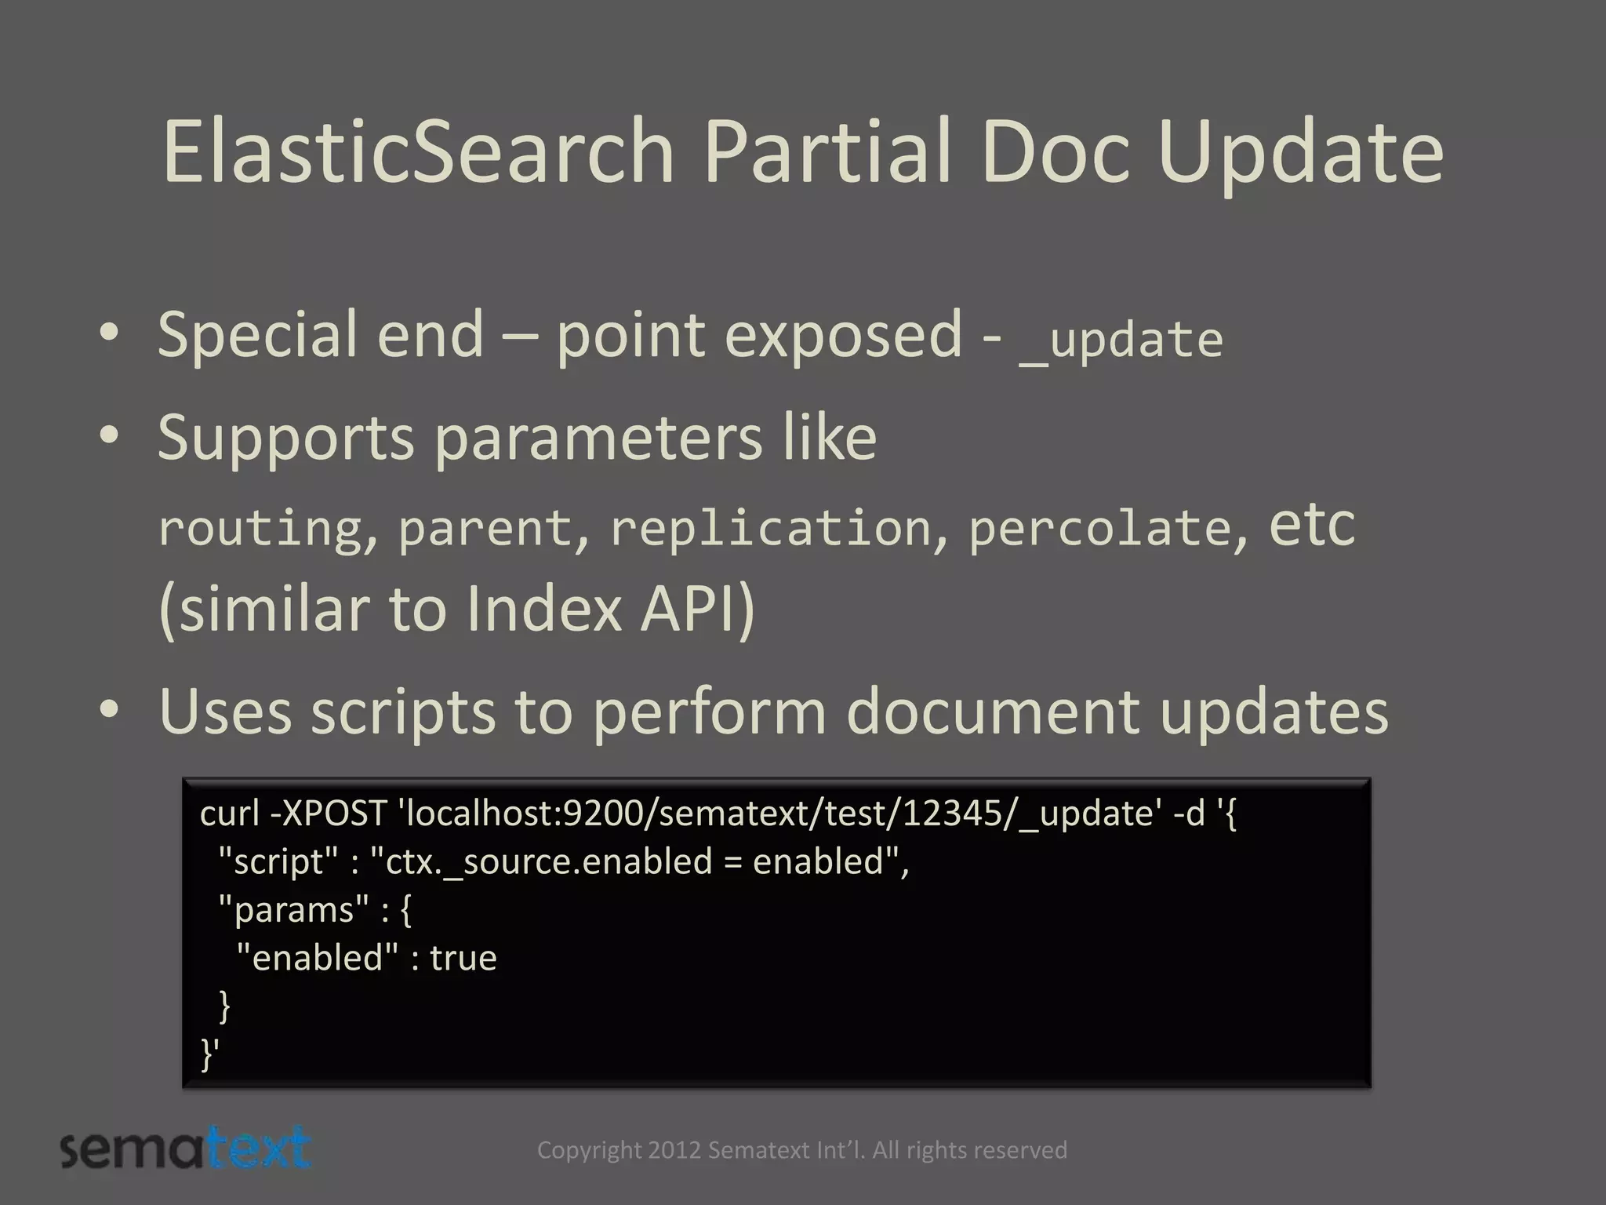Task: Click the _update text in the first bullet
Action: click(1121, 340)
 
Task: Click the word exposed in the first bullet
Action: click(842, 336)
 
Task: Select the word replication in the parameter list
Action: click(770, 527)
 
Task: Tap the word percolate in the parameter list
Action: click(1099, 527)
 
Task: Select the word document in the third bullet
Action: click(993, 711)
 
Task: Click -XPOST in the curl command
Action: click(329, 814)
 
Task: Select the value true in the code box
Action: click(463, 959)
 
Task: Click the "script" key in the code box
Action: click(280, 862)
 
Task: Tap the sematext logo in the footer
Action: click(185, 1150)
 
